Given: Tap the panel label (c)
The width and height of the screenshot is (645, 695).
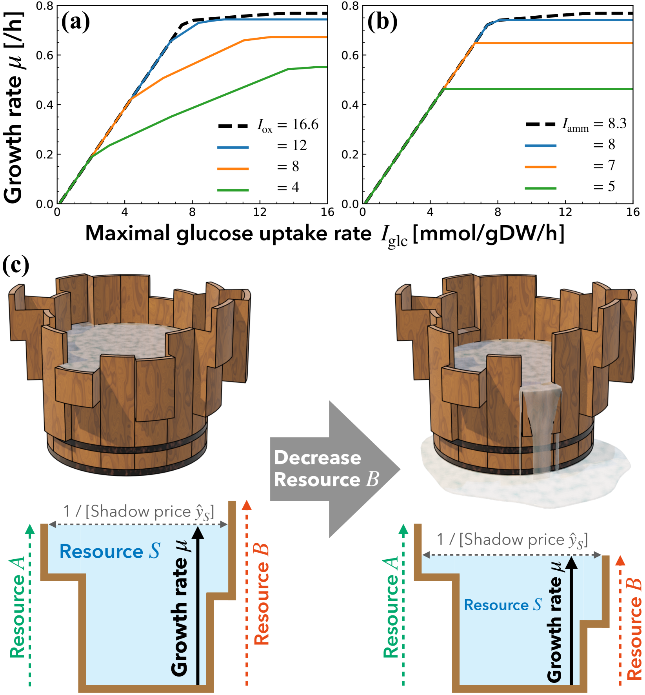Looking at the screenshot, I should click(x=15, y=266).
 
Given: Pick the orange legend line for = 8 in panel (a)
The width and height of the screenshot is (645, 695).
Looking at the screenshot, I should click(x=233, y=169).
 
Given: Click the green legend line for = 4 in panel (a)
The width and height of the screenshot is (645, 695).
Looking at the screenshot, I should click(x=233, y=190).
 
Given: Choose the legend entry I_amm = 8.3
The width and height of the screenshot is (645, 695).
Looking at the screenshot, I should click(x=576, y=124).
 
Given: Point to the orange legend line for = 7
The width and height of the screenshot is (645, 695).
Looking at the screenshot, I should click(x=540, y=167).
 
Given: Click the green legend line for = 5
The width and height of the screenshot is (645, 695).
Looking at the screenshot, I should click(x=540, y=188).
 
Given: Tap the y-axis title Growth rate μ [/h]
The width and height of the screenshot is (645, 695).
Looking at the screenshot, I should click(x=13, y=108).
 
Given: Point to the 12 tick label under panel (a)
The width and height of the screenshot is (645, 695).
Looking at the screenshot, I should click(x=260, y=212).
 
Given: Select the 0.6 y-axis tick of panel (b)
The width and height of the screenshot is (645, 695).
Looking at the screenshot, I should click(x=350, y=55).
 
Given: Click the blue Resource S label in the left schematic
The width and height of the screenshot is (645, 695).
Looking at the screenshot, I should click(x=110, y=551).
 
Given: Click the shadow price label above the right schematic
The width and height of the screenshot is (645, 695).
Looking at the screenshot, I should click(x=512, y=540).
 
